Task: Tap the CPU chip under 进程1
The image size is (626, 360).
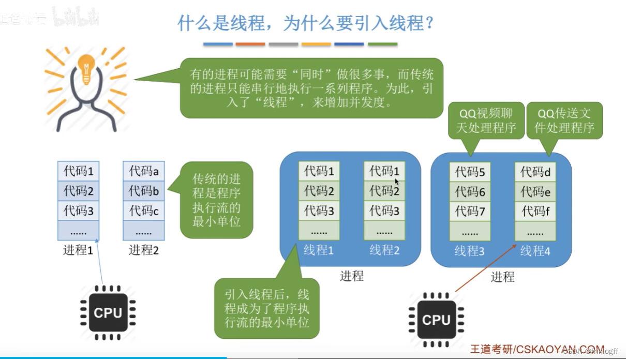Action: tap(108, 312)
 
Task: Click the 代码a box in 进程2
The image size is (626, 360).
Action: tap(144, 171)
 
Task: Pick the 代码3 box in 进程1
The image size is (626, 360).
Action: tap(78, 211)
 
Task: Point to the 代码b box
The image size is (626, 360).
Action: tap(144, 191)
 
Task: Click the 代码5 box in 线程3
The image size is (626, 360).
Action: tap(470, 172)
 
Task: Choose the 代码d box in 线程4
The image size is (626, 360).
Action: tap(535, 172)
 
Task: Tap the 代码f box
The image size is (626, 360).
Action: tap(535, 211)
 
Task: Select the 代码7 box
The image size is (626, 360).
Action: tap(470, 211)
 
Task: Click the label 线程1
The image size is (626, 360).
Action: tap(319, 250)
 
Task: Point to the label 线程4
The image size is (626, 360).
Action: tap(535, 251)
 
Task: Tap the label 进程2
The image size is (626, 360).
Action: tap(144, 250)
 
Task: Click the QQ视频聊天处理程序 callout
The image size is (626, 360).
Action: tap(486, 121)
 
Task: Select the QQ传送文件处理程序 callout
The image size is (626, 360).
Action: tap(564, 121)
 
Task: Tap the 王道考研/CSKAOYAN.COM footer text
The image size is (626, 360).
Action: tap(538, 349)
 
